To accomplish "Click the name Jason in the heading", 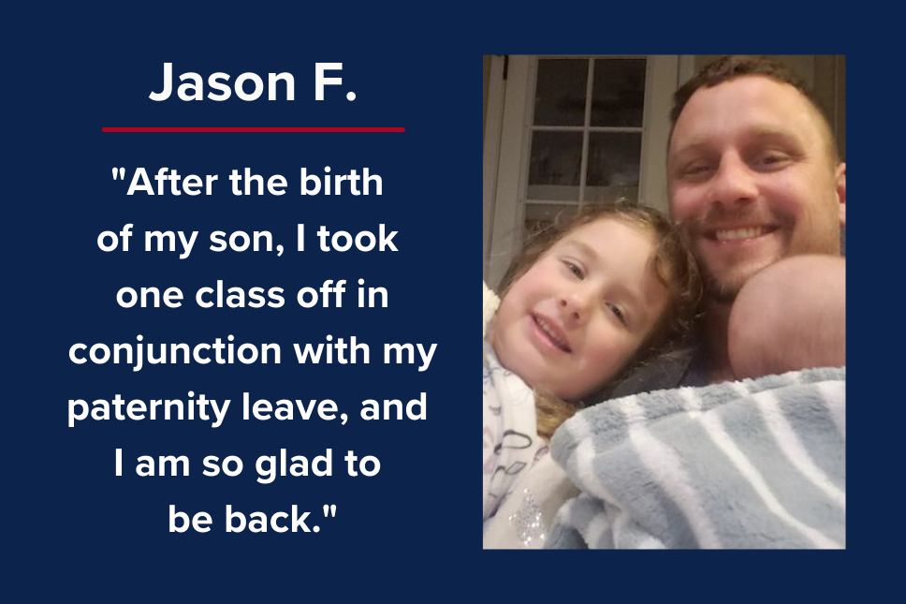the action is [x=223, y=82].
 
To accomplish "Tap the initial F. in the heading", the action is [x=335, y=82].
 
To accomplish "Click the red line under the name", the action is [x=253, y=129].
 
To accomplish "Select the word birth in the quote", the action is [x=341, y=183].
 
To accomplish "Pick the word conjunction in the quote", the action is [x=175, y=352].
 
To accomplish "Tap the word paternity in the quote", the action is [x=149, y=408].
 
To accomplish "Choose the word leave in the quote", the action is [x=295, y=407].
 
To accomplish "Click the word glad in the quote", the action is [x=294, y=464].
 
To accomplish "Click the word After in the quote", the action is [x=172, y=183].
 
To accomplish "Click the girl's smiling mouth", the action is [x=550, y=333].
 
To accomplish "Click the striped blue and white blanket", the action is [x=699, y=463].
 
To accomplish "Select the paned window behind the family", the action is [x=587, y=133].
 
